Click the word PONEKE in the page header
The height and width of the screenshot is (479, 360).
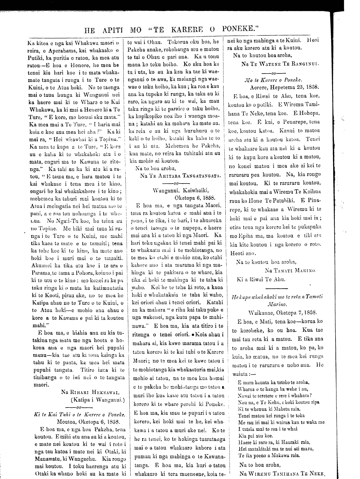click(240, 29)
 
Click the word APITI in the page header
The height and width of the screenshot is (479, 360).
click(113, 29)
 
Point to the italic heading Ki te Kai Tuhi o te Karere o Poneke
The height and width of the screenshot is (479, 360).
click(80, 415)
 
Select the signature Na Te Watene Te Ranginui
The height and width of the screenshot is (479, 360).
click(280, 64)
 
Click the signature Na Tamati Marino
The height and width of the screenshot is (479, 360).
click(291, 270)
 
